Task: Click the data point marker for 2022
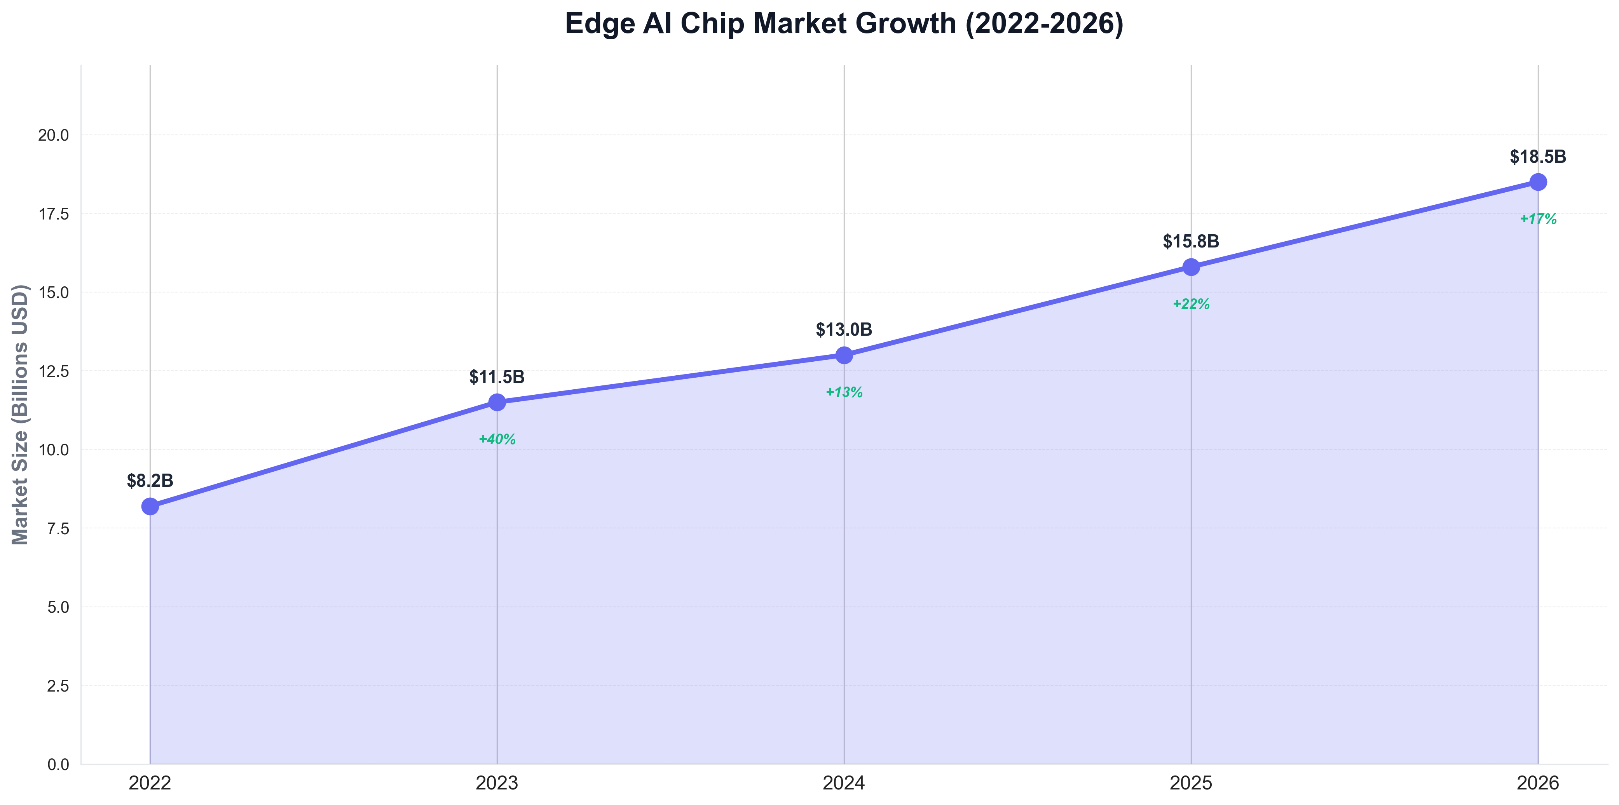tap(150, 506)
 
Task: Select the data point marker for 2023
tap(497, 402)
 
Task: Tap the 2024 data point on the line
tap(844, 355)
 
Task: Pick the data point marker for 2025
tap(1191, 267)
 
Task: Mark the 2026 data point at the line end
tap(1538, 182)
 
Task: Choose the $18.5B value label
tap(1538, 157)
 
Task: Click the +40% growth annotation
tap(497, 439)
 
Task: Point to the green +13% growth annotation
tap(844, 392)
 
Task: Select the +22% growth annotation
tap(1191, 304)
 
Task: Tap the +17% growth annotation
tap(1538, 220)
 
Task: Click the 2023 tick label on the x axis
tap(497, 783)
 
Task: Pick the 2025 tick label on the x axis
tap(1191, 783)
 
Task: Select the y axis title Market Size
tap(21, 415)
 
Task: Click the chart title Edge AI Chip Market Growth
tap(844, 24)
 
